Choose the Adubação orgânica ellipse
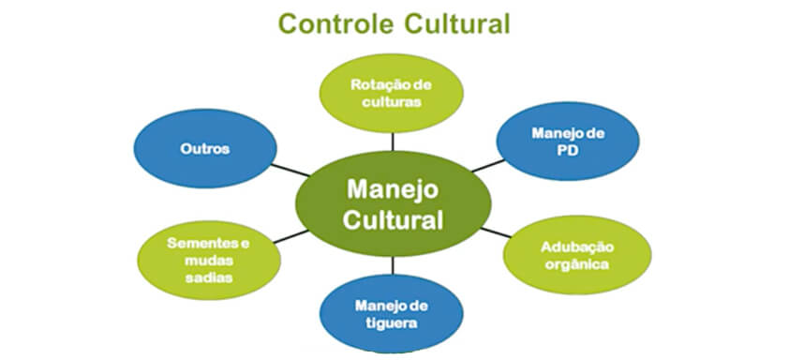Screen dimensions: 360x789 (x=577, y=255)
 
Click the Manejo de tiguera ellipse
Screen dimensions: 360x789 (x=393, y=313)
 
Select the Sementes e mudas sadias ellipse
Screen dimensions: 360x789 (x=208, y=259)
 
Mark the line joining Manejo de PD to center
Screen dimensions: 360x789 (x=485, y=167)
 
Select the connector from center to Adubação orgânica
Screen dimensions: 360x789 (x=496, y=231)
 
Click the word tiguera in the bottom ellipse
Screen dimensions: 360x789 (x=393, y=322)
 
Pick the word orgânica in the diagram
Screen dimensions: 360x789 (x=577, y=264)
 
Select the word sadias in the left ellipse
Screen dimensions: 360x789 (x=208, y=277)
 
